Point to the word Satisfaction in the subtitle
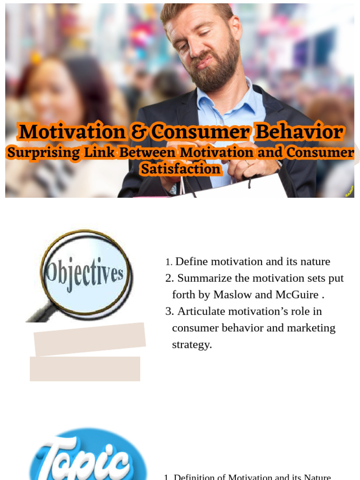point(180,169)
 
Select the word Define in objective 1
point(190,262)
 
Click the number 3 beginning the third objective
point(169,311)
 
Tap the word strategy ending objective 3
point(191,345)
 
